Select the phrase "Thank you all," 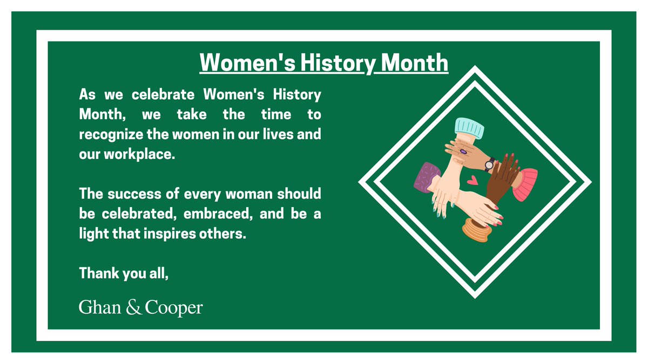pyautogui.click(x=124, y=273)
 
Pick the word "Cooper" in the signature pyautogui.click(x=174, y=308)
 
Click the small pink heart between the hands pyautogui.click(x=473, y=180)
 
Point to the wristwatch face pyautogui.click(x=490, y=163)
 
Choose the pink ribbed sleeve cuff pyautogui.click(x=525, y=184)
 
